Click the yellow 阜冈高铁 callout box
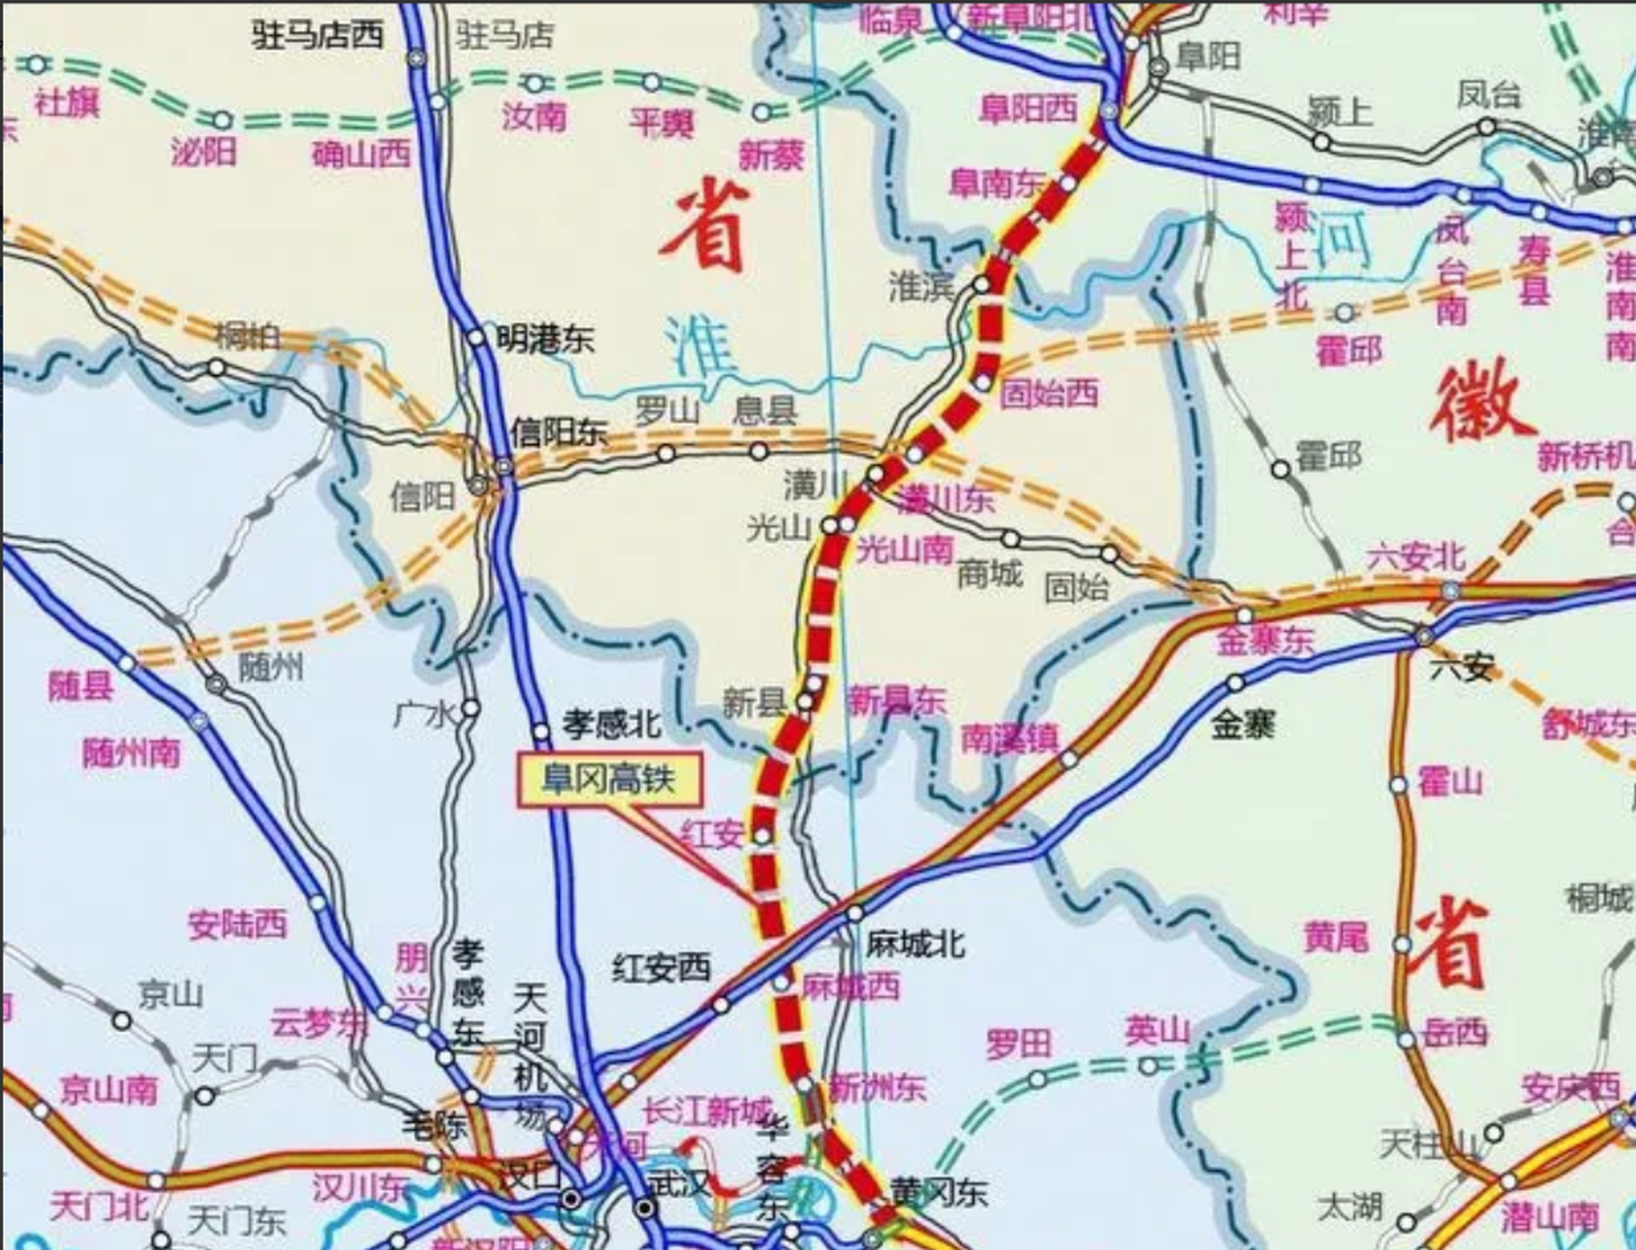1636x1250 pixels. click(x=609, y=779)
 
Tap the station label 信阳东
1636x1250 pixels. click(x=559, y=433)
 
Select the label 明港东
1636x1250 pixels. click(x=544, y=339)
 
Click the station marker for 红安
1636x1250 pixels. click(x=763, y=836)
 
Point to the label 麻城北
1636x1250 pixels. click(x=915, y=943)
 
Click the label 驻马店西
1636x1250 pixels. click(x=317, y=35)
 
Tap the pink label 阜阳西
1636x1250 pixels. click(x=1028, y=108)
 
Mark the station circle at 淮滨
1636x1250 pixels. click(x=983, y=284)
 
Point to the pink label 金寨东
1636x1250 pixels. click(x=1266, y=641)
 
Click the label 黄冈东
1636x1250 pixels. click(x=939, y=1192)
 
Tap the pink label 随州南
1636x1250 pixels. click(x=131, y=753)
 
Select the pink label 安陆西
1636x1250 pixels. click(x=237, y=924)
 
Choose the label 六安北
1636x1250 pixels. click(x=1414, y=557)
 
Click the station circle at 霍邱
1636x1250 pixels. click(x=1280, y=470)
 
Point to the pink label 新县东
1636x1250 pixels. click(x=896, y=700)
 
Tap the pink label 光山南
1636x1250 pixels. click(x=904, y=550)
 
